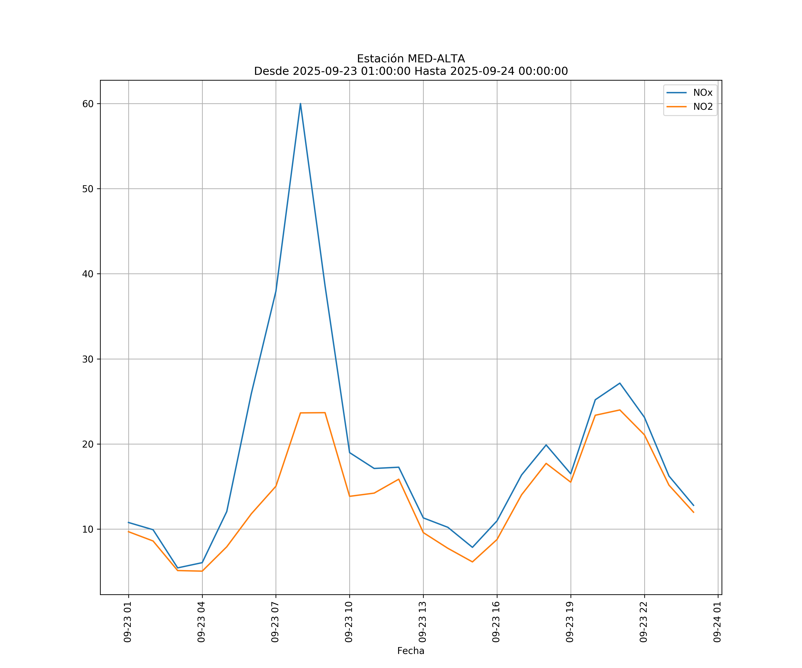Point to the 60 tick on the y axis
[88, 104]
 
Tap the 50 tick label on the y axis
[88, 189]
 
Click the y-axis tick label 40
[88, 274]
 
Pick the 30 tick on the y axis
[88, 359]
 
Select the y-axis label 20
[88, 444]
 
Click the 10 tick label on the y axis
[88, 530]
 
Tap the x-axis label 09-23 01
[128, 622]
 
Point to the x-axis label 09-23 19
[570, 622]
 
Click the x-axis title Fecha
[411, 651]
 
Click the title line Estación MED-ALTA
[411, 59]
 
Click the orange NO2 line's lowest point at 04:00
[202, 571]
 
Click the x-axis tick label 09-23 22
[644, 622]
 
